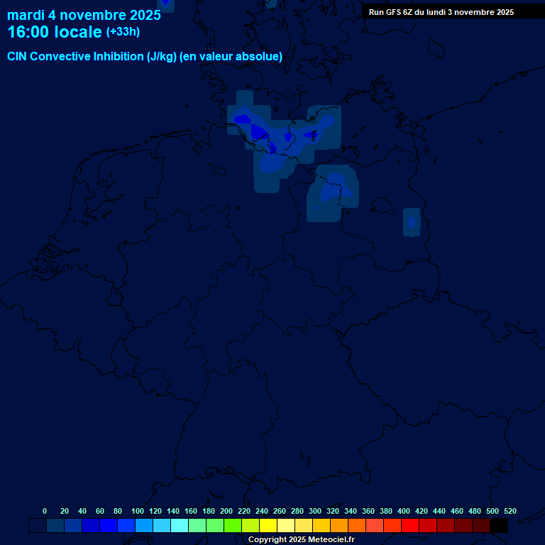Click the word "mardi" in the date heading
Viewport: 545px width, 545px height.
click(x=26, y=16)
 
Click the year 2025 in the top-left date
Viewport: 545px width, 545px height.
click(x=145, y=16)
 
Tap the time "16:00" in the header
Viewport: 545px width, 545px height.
click(x=28, y=33)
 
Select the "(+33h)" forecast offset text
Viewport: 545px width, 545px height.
click(x=123, y=32)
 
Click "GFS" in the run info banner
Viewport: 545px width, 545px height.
click(x=393, y=12)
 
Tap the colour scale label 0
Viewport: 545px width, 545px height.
click(x=45, y=511)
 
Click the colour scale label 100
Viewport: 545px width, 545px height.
click(x=138, y=511)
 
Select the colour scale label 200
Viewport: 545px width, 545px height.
click(x=226, y=511)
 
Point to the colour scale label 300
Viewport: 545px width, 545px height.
click(x=315, y=511)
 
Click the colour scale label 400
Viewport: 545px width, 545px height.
click(x=404, y=511)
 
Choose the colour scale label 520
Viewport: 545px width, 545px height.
click(x=510, y=511)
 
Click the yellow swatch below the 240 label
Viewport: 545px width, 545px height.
click(x=268, y=526)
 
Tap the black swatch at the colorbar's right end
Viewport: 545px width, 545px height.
click(x=499, y=526)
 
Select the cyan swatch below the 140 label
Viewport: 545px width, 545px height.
click(x=180, y=526)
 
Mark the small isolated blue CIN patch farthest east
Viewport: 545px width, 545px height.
click(x=412, y=222)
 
